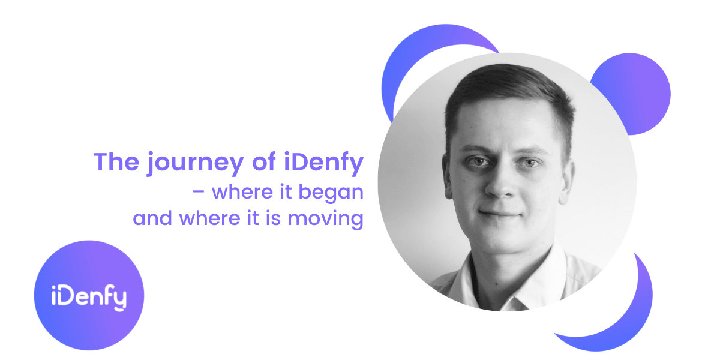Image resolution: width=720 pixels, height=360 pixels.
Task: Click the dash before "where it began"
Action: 200,194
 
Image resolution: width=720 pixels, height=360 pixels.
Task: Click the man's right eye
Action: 478,161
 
